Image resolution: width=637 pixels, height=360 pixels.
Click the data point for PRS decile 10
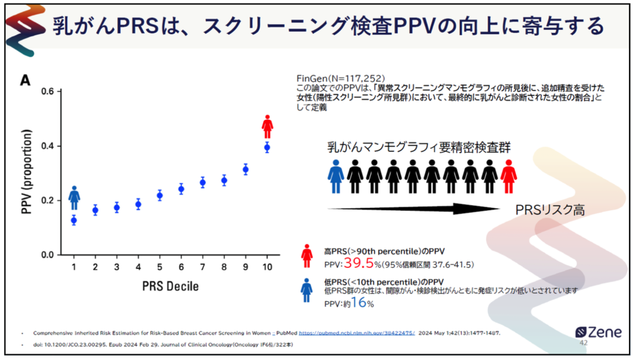coord(267,147)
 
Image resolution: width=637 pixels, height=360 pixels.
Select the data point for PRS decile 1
coord(74,220)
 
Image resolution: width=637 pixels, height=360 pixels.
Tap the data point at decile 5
coord(160,195)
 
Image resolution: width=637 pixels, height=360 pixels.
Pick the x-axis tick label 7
coord(203,267)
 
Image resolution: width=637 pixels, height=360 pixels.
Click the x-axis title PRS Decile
coord(170,285)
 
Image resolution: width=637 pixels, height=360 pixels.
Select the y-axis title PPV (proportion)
coord(26,172)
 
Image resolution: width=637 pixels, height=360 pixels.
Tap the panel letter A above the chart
coord(26,80)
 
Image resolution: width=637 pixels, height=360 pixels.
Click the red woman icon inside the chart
coord(267,126)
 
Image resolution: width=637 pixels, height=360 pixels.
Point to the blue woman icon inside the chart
coord(74,198)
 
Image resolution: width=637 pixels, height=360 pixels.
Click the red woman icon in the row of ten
coord(509,176)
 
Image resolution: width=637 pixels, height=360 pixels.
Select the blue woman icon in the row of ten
coord(336,176)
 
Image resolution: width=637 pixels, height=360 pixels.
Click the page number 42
coord(583,343)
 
